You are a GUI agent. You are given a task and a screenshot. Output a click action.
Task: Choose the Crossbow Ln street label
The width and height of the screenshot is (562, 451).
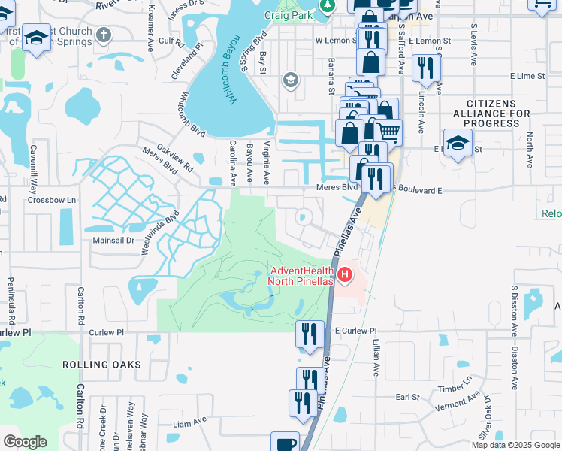point(52,201)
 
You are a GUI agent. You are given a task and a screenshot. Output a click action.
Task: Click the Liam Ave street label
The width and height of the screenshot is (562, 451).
point(190,422)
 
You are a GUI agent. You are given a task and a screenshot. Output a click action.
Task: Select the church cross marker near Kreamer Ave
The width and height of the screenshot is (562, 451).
point(104,35)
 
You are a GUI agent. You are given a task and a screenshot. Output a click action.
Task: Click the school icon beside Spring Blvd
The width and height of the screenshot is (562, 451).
point(290,80)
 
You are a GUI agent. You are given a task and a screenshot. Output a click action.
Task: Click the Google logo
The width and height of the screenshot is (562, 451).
point(25,442)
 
